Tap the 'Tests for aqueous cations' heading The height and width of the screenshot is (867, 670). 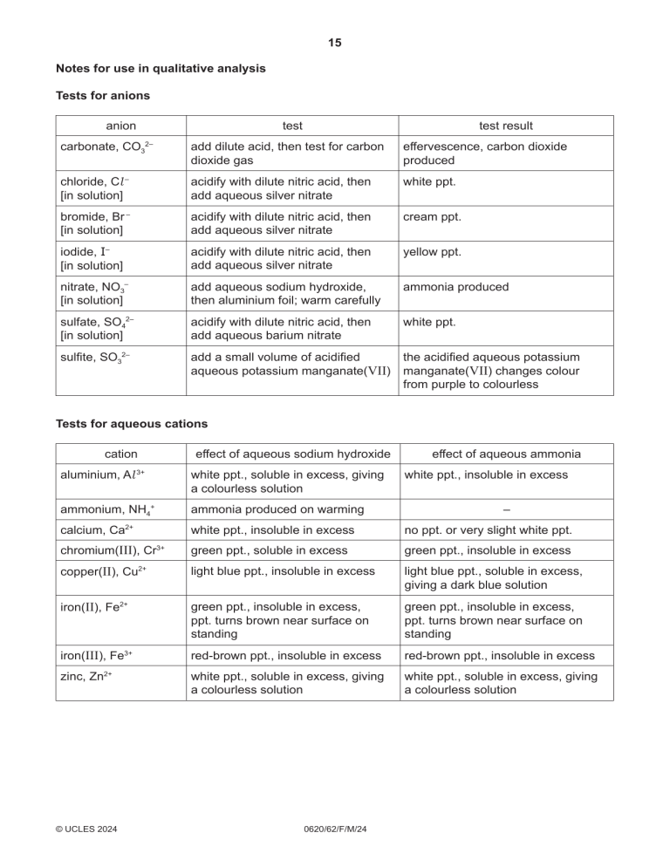point(131,424)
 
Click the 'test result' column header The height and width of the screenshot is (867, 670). point(506,126)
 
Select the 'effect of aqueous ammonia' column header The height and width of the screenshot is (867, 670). point(506,454)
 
